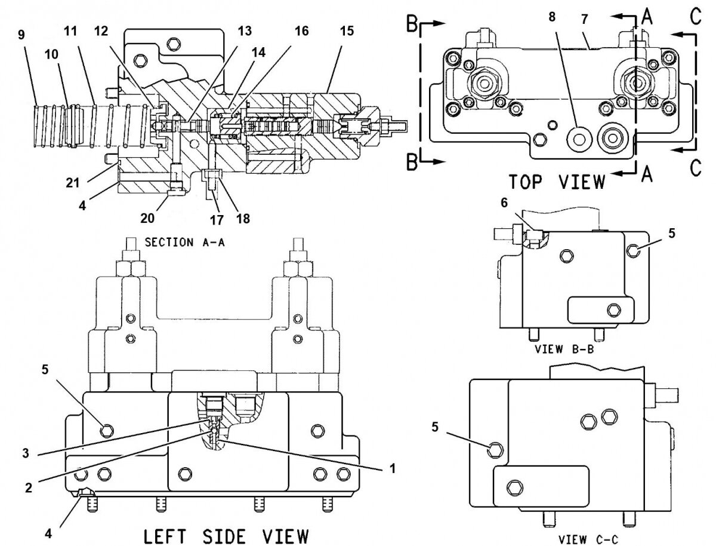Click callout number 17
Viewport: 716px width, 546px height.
pyautogui.click(x=217, y=219)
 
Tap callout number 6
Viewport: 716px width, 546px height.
pyautogui.click(x=504, y=203)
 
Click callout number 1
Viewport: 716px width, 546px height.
pyautogui.click(x=393, y=469)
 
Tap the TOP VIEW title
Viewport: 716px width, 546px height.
pyautogui.click(x=557, y=181)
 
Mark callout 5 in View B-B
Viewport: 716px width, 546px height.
pyautogui.click(x=671, y=234)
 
